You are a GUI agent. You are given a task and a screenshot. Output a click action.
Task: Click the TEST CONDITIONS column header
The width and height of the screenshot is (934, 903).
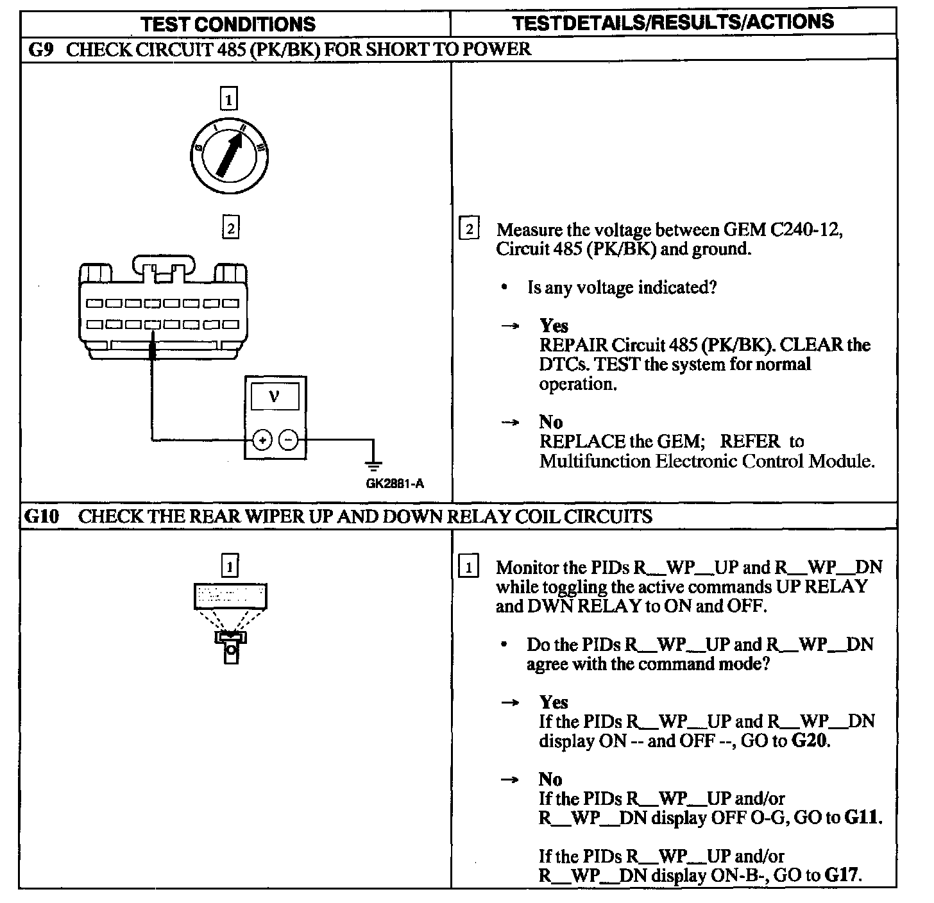[x=228, y=24]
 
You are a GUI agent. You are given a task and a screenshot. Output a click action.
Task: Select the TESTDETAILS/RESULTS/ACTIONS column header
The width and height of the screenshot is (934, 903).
[x=673, y=22]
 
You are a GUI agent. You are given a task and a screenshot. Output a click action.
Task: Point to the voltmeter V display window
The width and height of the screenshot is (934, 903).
[x=275, y=397]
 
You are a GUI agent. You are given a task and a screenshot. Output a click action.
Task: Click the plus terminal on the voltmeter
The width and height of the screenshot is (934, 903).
[x=262, y=440]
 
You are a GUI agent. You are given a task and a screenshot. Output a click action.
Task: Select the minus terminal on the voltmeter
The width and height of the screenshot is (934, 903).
[x=289, y=440]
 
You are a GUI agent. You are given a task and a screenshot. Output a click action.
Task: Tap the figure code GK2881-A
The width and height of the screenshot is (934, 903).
[x=395, y=484]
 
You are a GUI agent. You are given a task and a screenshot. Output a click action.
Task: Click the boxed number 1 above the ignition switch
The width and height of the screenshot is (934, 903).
[x=228, y=99]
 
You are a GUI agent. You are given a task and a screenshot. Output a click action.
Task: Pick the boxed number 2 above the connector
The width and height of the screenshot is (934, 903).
[x=230, y=228]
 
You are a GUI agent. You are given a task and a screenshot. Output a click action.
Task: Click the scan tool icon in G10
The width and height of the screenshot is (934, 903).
[x=230, y=622]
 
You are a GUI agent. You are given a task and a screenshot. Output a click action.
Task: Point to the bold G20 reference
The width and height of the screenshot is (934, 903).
[x=810, y=741]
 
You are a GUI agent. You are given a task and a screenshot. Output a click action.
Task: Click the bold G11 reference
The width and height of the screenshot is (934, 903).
[x=862, y=818]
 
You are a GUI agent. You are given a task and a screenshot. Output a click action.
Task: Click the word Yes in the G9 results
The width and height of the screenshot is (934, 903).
[x=554, y=326]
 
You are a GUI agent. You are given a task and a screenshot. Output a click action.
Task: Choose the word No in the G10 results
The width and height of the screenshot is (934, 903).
[x=550, y=779]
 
